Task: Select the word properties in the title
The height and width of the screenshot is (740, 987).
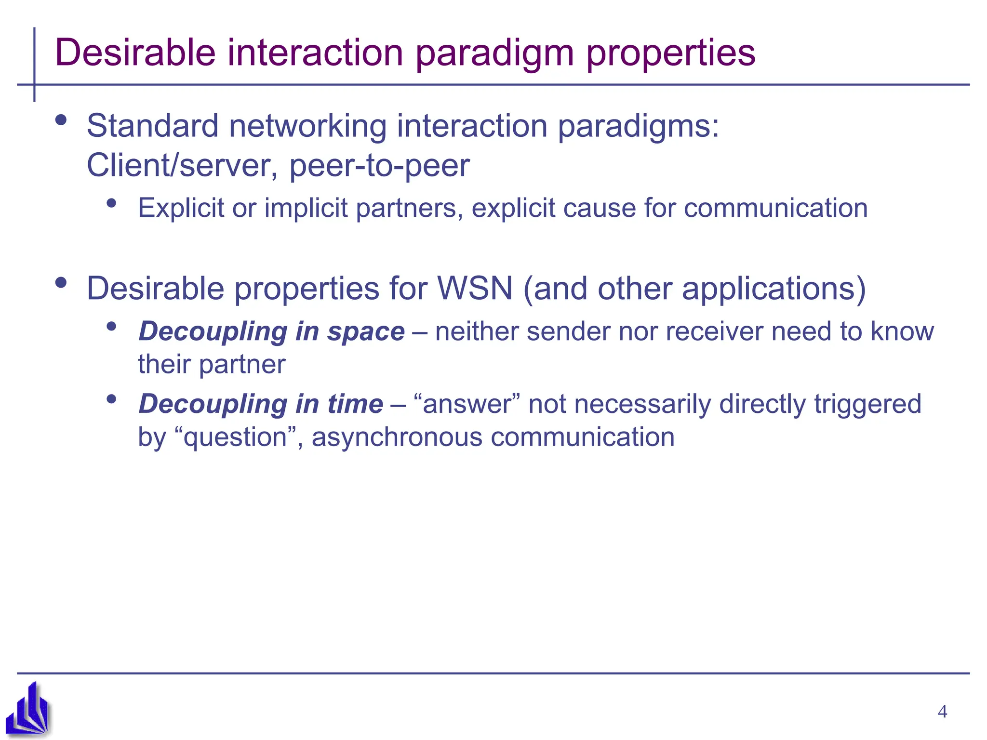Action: pos(670,54)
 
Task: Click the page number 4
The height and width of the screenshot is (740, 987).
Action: pos(942,712)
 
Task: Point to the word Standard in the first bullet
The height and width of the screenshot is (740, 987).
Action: pos(152,126)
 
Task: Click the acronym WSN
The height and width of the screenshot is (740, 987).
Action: pos(475,289)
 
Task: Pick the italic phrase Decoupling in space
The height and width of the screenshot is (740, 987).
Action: pos(271,332)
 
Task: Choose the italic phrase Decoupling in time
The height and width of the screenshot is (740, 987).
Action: pos(260,404)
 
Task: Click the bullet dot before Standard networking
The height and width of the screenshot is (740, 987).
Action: pos(61,120)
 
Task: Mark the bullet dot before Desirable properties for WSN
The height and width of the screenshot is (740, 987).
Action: pos(61,282)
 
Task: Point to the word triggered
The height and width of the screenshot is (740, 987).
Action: pos(867,404)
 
